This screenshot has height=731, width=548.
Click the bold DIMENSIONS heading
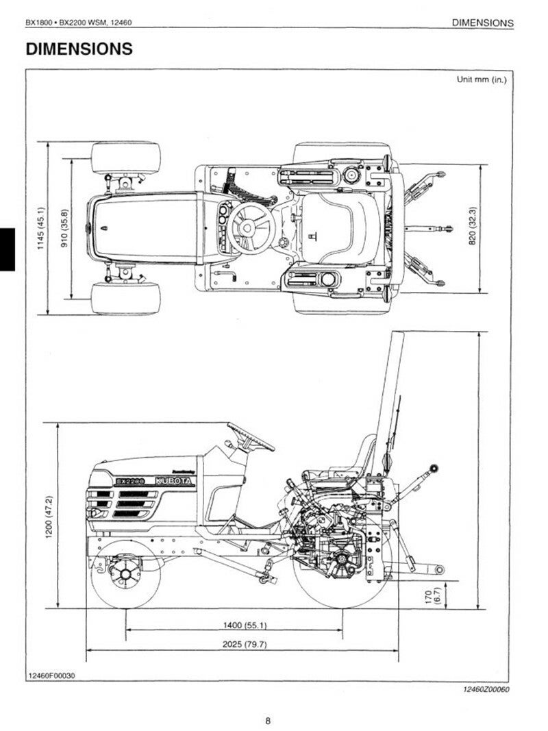79,49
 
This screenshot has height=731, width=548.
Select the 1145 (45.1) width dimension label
40,228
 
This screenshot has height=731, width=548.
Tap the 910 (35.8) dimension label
64,229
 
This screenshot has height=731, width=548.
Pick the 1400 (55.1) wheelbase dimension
235,625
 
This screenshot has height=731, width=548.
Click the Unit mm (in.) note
482,79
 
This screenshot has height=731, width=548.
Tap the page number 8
268,720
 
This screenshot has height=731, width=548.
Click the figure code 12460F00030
52,676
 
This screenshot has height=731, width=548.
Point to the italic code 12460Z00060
486,689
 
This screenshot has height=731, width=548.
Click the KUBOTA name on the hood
175,481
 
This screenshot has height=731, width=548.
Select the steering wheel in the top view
250,227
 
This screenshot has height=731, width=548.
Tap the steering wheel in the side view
250,436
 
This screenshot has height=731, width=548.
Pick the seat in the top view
340,227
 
